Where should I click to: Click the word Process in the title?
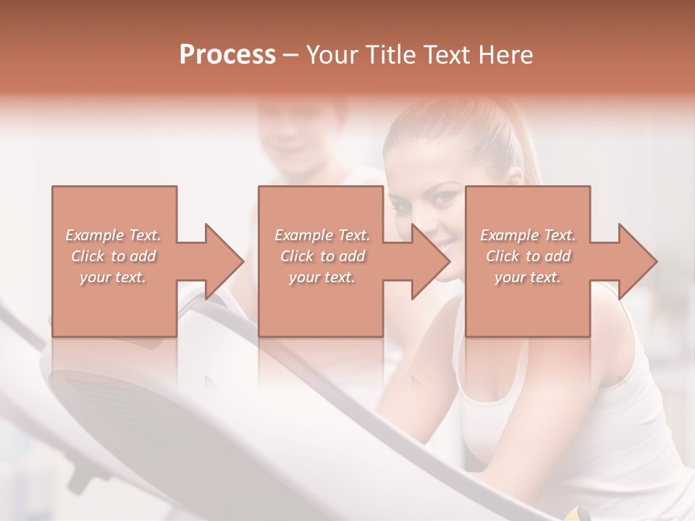(227, 55)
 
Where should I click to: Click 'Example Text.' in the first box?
(114, 235)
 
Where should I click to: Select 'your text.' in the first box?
(114, 277)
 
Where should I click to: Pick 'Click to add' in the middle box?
(322, 256)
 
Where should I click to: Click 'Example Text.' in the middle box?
(322, 235)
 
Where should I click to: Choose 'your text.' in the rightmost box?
(528, 277)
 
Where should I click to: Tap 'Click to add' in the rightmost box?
(528, 256)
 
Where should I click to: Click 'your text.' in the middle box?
(322, 277)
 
